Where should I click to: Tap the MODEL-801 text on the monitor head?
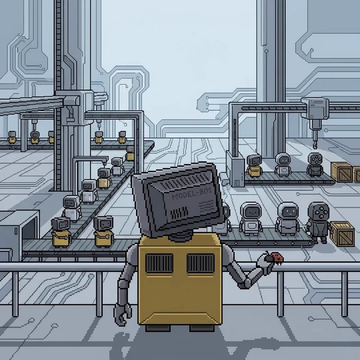pos(192,194)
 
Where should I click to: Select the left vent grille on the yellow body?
pos(159,263)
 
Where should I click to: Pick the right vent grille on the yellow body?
pos(201,263)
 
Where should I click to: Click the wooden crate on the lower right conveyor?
pos(342,233)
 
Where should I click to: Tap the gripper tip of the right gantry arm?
pos(315,145)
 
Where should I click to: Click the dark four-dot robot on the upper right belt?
pos(315,164)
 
